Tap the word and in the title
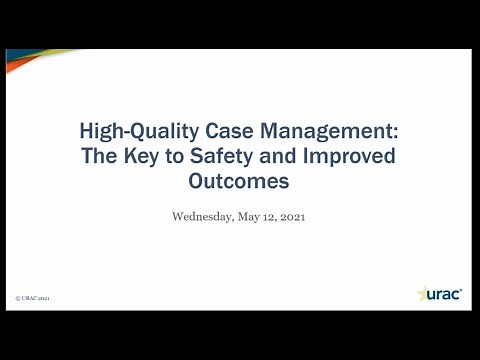289,156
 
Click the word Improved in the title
354,156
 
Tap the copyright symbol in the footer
19,298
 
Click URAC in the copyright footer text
31,298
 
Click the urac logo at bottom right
439,293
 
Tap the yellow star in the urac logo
421,293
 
